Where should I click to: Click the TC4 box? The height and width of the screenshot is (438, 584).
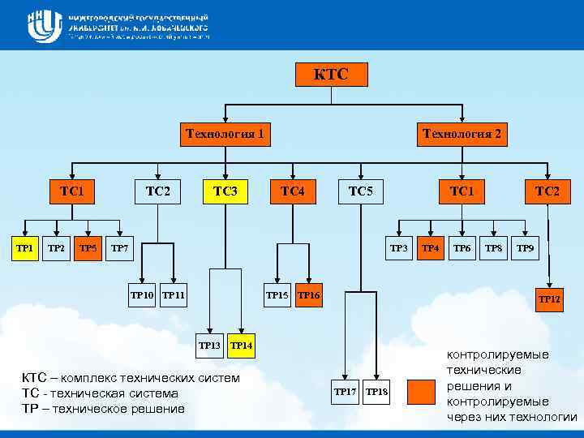pos(292,191)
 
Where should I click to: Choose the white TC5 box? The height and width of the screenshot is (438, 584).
pos(360,191)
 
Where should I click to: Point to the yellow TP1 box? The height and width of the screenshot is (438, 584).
pos(25,248)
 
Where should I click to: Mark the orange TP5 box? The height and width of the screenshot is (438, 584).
pos(88,248)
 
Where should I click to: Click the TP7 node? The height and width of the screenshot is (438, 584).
pos(119,248)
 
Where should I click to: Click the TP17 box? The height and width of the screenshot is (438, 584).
pos(345,393)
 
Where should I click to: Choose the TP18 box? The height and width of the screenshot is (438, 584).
pos(376,393)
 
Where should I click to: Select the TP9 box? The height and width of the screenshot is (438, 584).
pos(525,248)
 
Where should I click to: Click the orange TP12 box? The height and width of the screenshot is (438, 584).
pos(548,299)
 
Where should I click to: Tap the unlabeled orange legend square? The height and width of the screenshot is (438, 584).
pos(422,392)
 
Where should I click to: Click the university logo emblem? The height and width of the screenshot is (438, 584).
pos(44,26)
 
